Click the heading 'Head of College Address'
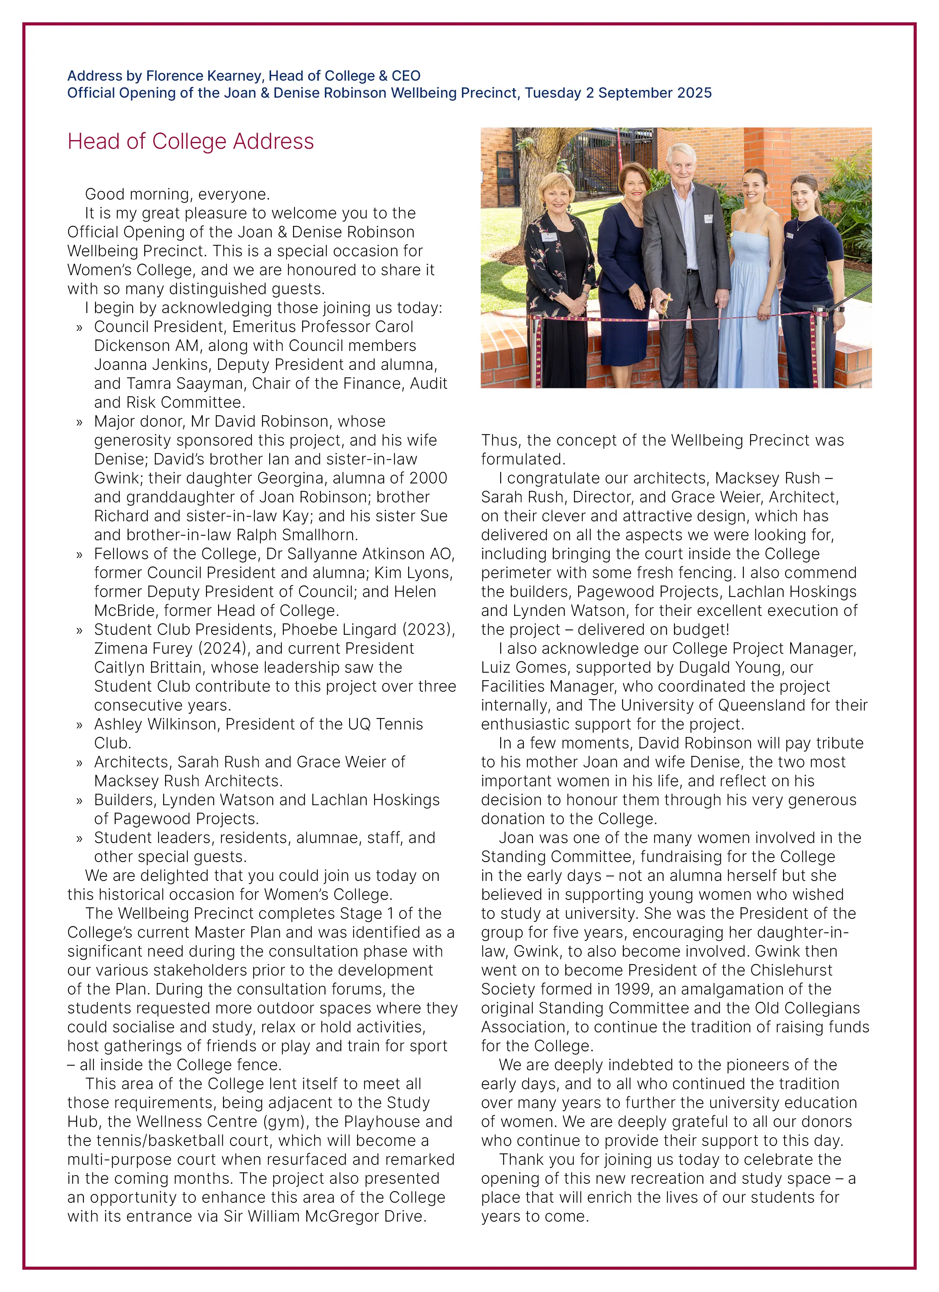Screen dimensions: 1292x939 tap(190, 141)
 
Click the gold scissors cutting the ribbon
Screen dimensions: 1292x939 tap(664, 303)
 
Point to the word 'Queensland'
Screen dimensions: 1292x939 tap(762, 705)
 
